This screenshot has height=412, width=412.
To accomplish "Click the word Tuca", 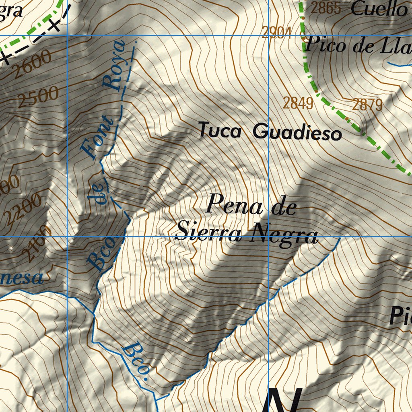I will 220,131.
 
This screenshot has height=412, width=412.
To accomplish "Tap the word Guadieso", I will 298,132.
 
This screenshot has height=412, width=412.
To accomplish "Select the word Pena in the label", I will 234,205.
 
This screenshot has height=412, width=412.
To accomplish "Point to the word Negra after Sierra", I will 284,235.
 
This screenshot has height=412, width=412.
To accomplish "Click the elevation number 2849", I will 298,103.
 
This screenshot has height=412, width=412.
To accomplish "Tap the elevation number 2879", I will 367,105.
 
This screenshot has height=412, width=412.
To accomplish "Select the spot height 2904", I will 276,32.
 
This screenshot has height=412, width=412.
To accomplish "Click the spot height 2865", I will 326,8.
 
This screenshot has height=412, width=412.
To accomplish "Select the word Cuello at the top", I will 378,9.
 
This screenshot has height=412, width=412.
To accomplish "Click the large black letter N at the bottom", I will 284,400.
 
